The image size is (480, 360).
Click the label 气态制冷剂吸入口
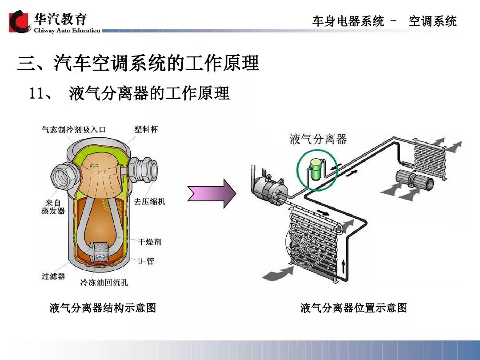[73, 130]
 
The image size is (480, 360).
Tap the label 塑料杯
[146, 129]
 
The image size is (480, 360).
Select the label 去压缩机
[150, 201]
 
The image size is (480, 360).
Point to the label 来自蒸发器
[53, 207]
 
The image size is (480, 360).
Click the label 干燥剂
[150, 242]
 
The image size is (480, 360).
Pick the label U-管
[146, 261]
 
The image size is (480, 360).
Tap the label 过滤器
[53, 276]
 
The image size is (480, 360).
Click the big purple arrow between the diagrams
[211, 193]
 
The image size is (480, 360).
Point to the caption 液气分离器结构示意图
[103, 308]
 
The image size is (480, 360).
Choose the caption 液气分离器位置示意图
[353, 308]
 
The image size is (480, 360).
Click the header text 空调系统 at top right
[432, 21]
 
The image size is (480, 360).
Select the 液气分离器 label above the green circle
[318, 139]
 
